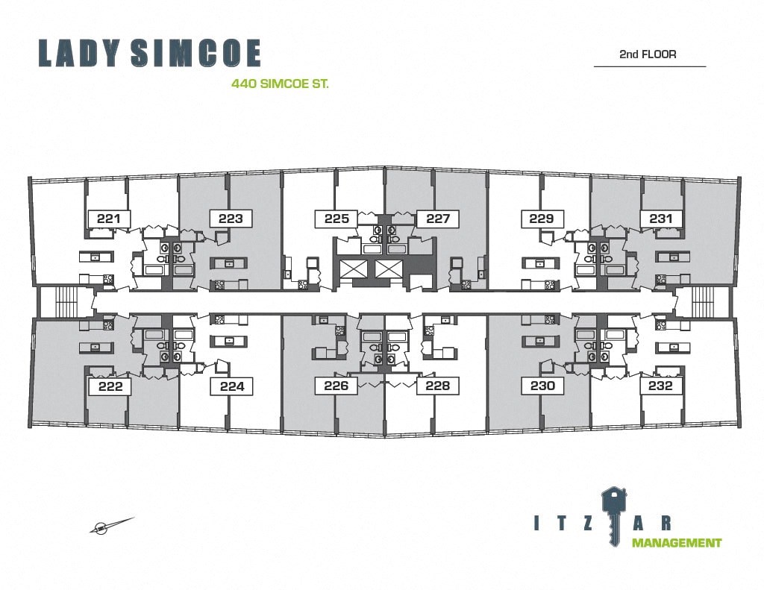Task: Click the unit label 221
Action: pyautogui.click(x=109, y=219)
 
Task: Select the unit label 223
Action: pyautogui.click(x=231, y=219)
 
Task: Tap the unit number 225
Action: pyautogui.click(x=336, y=219)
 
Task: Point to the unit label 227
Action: pyautogui.click(x=438, y=219)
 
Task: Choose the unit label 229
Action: pyautogui.click(x=542, y=219)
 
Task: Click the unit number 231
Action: pyautogui.click(x=661, y=219)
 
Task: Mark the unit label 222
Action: pyautogui.click(x=109, y=386)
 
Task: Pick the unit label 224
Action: pyautogui.click(x=231, y=386)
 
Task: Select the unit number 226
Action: pyautogui.click(x=336, y=386)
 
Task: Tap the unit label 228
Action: pyautogui.click(x=438, y=386)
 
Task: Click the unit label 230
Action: pyautogui.click(x=542, y=386)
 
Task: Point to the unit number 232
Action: pyautogui.click(x=661, y=386)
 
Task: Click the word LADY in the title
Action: pyautogui.click(x=78, y=54)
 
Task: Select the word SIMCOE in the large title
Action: pyautogui.click(x=195, y=54)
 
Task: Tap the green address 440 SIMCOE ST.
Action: pyautogui.click(x=281, y=85)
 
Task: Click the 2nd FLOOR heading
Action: pyautogui.click(x=648, y=54)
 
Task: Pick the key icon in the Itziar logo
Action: pyautogui.click(x=614, y=510)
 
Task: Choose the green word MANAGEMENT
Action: pyautogui.click(x=677, y=543)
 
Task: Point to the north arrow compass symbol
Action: pyautogui.click(x=110, y=526)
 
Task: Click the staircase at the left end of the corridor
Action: pyautogui.click(x=54, y=301)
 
